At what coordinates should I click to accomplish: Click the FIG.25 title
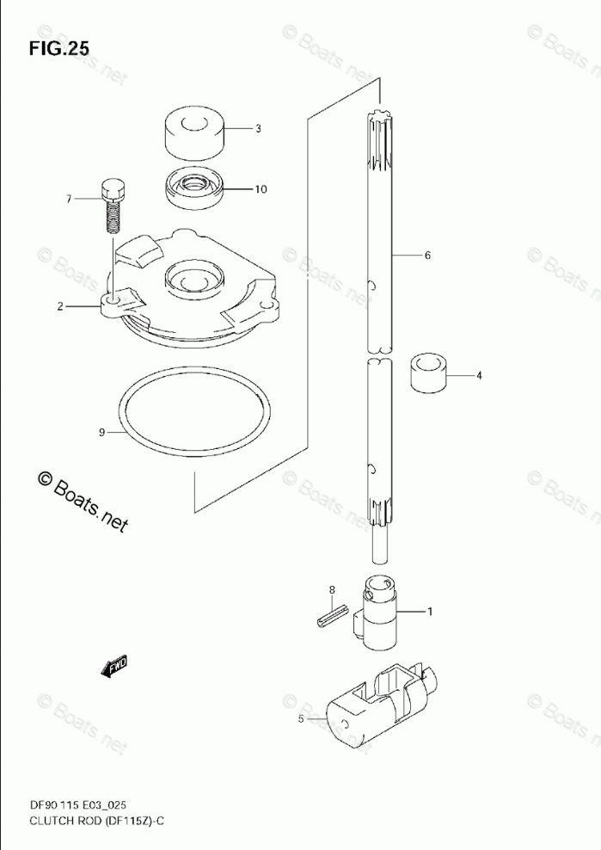coord(58,49)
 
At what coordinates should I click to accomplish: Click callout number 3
coord(258,129)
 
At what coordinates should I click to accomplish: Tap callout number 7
coord(68,199)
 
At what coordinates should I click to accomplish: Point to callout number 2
coord(60,306)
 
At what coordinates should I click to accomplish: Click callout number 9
coord(101,432)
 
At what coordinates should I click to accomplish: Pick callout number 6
coord(427,256)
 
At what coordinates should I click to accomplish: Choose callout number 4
coord(479,375)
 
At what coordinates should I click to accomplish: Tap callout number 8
coord(329,590)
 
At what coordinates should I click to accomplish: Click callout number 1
coord(430,612)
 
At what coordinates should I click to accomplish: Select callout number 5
coord(301,719)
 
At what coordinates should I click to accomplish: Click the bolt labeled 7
coord(113,203)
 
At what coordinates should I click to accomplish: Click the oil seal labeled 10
coord(195,189)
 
